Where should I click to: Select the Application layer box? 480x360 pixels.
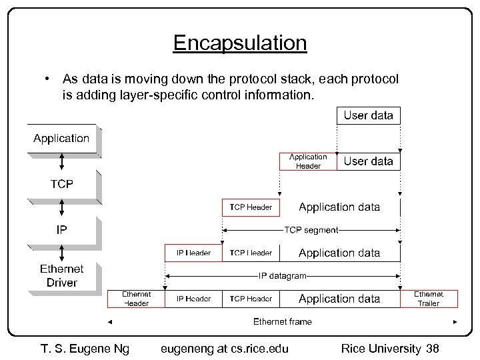click(61, 139)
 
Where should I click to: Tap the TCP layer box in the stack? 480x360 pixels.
click(61, 184)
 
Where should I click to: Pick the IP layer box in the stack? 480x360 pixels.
click(61, 229)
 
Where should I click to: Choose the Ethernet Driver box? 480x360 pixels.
click(62, 276)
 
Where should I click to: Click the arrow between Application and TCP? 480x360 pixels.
click(62, 161)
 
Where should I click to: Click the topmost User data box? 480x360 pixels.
click(369, 115)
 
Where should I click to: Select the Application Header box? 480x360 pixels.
click(307, 161)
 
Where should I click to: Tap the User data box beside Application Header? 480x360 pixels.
click(369, 161)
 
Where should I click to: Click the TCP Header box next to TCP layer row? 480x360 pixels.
click(251, 207)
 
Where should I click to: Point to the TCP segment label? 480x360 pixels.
click(311, 230)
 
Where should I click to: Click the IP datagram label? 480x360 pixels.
click(283, 275)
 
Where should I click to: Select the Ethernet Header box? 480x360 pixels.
click(136, 299)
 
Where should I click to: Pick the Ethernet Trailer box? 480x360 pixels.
click(429, 299)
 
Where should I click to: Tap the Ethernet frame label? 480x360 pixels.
click(283, 321)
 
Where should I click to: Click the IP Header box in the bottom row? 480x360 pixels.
click(194, 299)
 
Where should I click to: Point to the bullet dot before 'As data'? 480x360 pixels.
click(48, 79)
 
